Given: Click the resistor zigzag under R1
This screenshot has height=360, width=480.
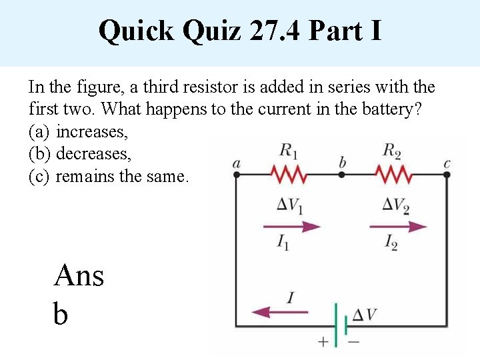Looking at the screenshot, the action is point(288,175).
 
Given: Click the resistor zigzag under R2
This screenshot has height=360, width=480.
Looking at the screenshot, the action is point(394,175).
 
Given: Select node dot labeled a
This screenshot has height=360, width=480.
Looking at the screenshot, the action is point(236,175).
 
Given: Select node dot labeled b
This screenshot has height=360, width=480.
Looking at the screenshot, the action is point(341,175).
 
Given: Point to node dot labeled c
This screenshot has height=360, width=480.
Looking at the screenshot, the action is point(447,175).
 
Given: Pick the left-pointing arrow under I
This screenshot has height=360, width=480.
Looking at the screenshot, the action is point(279,311).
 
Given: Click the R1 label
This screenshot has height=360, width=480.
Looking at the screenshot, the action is point(288,151).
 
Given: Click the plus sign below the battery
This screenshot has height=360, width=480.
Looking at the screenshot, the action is point(323,343).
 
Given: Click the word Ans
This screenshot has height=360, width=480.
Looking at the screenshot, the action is point(79,275).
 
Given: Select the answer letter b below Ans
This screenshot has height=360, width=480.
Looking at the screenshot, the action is point(60,313).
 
